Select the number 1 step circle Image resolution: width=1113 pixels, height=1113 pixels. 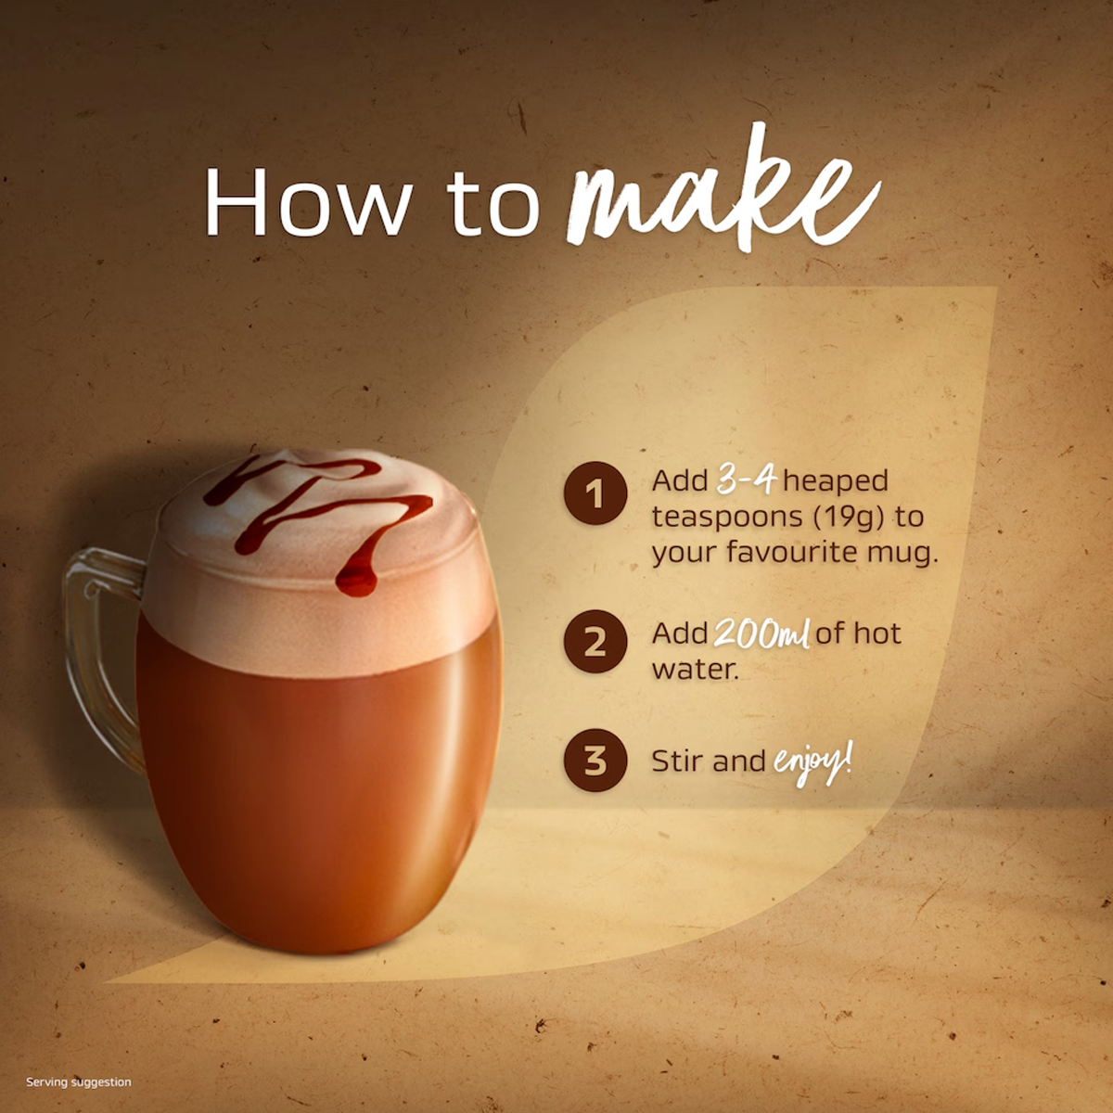click(x=595, y=493)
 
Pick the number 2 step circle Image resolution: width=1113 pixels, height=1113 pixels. click(x=595, y=642)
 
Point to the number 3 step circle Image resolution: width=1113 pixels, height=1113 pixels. click(x=595, y=761)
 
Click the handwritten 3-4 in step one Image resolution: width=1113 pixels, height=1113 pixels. click(x=746, y=480)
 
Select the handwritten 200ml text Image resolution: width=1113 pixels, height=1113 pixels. click(x=761, y=633)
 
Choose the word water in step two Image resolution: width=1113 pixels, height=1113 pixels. click(x=696, y=670)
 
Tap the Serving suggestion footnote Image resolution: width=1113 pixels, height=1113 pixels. click(x=79, y=1081)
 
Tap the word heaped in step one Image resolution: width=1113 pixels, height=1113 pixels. click(x=836, y=481)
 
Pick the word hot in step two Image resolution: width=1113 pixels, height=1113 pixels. click(x=877, y=633)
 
